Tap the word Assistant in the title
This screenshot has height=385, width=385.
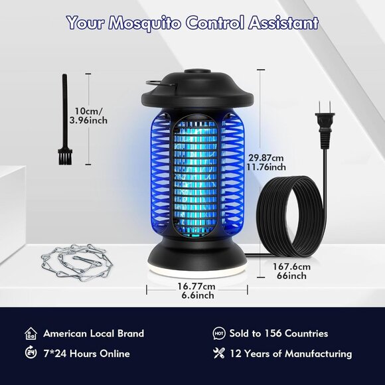pos(282,23)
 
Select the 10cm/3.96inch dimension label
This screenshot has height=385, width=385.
pos(90,116)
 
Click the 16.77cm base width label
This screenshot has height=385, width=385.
pos(196,290)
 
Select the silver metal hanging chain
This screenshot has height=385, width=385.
pos(72,260)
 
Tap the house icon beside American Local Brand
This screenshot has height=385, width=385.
pos(30,333)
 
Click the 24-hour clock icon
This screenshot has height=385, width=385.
pos(30,353)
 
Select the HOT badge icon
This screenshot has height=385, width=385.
pos(218,333)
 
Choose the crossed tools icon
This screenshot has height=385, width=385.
pos(218,353)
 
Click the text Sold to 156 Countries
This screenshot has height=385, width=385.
pos(279,333)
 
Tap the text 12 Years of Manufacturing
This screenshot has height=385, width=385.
pos(291,353)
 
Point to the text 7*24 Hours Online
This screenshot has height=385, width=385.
pos(86,353)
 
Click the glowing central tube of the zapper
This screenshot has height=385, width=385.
pos(194,173)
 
